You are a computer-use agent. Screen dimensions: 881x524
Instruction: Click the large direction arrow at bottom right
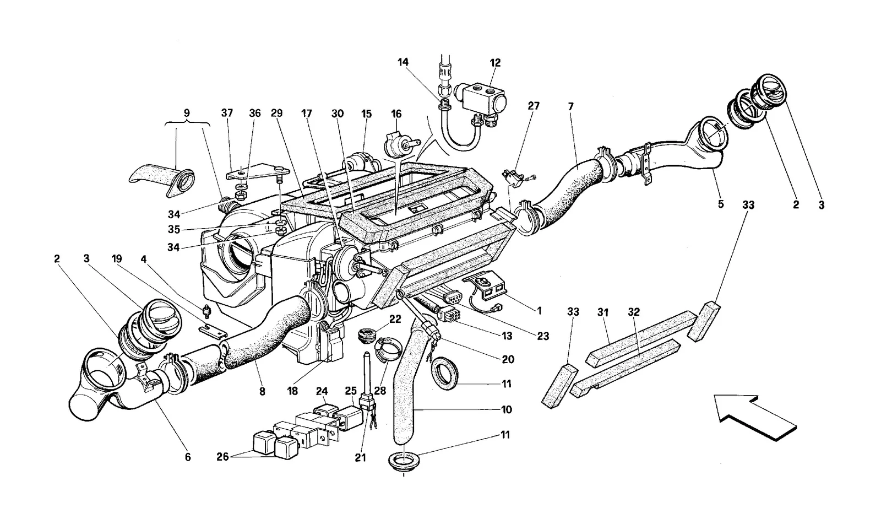(754, 417)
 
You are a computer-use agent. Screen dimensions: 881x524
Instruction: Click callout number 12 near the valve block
(495, 63)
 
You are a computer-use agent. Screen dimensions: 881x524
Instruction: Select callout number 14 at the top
(403, 62)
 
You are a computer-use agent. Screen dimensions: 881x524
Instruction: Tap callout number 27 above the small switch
(534, 106)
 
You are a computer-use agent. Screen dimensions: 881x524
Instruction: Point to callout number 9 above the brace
(187, 113)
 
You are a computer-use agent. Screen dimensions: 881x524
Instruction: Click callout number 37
(227, 113)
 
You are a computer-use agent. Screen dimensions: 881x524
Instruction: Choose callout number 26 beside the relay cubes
(222, 457)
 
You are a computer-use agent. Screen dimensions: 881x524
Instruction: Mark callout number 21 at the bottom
(360, 458)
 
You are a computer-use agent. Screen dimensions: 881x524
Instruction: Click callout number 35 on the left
(174, 230)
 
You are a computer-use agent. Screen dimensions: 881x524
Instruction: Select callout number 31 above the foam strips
(603, 312)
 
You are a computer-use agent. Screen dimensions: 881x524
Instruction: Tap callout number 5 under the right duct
(721, 204)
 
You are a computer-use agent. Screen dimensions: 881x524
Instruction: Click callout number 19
(116, 258)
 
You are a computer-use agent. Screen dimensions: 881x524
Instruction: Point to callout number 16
(396, 114)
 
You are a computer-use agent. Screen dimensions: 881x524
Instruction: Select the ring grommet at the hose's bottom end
(404, 460)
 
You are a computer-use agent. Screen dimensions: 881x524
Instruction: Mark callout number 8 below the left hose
(262, 391)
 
